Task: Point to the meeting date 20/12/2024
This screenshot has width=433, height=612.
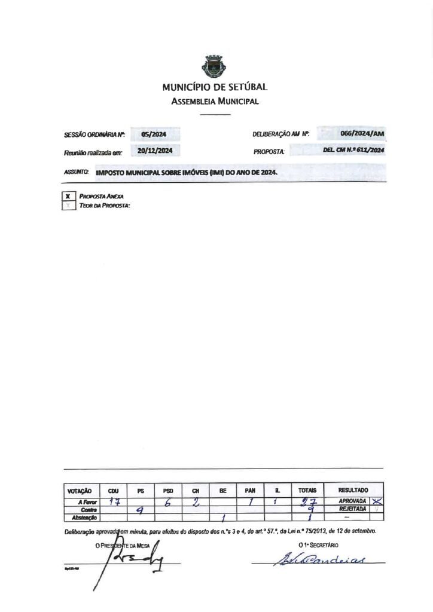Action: (x=154, y=151)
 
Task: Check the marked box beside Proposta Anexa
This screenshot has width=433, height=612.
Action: (x=68, y=195)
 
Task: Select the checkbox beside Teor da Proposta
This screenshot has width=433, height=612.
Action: (x=68, y=206)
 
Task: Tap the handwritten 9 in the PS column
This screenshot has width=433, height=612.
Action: (x=140, y=510)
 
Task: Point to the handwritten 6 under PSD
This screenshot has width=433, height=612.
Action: (x=168, y=503)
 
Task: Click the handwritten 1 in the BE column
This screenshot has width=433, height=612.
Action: (x=222, y=518)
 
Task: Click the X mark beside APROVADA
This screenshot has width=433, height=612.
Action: (x=376, y=501)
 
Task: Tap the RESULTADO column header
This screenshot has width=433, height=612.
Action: (x=353, y=490)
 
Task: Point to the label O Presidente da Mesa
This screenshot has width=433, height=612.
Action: (x=123, y=545)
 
